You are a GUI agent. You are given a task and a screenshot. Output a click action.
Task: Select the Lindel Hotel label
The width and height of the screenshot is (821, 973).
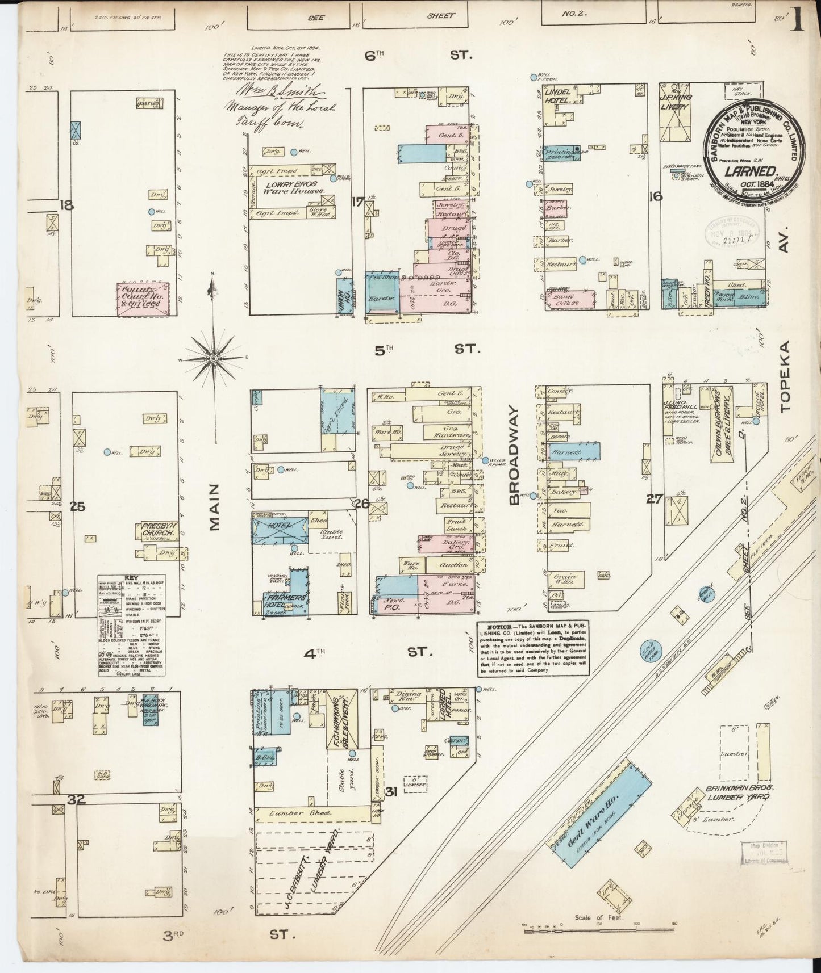557,95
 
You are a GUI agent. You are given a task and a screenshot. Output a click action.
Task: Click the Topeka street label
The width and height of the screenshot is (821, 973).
785,376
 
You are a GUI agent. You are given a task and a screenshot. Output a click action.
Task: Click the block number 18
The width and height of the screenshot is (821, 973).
67,205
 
